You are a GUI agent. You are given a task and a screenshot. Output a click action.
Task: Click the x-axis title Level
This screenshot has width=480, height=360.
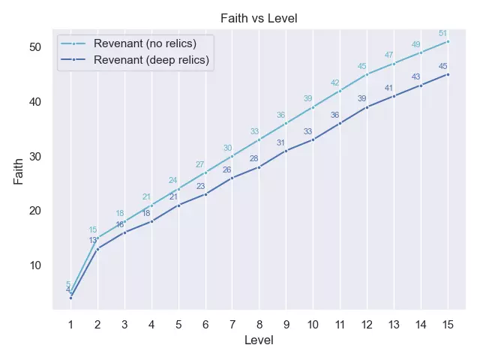tap(259, 340)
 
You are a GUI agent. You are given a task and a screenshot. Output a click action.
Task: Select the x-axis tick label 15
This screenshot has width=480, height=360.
tap(448, 324)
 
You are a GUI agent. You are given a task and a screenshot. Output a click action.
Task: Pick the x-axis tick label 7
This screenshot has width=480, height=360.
tap(232, 324)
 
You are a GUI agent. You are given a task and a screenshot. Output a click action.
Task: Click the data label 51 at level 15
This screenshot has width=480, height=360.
tap(442, 33)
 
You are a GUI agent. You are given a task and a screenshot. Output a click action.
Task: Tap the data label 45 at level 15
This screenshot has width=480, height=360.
tap(442, 66)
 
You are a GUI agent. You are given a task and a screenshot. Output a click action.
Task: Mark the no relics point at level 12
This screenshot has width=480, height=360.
tap(367, 74)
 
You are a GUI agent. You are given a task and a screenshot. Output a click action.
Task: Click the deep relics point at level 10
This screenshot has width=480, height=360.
tap(313, 139)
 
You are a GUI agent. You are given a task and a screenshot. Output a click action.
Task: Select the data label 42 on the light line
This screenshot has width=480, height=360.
tap(334, 82)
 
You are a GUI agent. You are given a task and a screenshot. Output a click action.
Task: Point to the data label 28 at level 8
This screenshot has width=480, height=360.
tap(253, 158)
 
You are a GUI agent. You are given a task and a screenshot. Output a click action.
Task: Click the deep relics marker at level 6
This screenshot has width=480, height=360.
tap(205, 194)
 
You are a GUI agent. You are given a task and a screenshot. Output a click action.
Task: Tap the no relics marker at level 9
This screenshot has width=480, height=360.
tap(286, 123)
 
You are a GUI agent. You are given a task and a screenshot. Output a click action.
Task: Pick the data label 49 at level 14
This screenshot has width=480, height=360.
tap(415, 44)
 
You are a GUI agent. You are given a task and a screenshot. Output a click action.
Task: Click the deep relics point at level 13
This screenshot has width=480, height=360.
tap(394, 96)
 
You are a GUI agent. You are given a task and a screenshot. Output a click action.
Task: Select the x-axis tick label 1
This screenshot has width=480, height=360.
tap(70, 324)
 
